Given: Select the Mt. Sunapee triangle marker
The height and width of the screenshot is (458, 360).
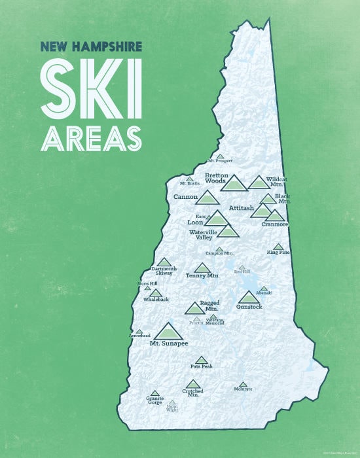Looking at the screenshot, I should point(168,331).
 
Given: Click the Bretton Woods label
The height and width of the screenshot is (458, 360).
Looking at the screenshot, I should point(220,178).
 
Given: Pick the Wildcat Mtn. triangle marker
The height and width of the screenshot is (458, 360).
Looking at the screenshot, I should point(259,183).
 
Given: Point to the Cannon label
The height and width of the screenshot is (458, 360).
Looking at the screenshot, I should point(186,196).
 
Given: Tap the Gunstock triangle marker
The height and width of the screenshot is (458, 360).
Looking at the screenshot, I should point(249,297).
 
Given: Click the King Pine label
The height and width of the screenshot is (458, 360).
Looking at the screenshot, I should point(278,253).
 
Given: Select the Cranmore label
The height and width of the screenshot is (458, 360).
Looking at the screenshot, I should point(274,224).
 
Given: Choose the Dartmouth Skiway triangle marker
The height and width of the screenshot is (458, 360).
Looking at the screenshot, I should point(164,262).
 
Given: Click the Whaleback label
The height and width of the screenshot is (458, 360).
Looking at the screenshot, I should point(156,300).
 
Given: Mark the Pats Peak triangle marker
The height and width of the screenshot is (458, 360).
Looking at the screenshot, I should point(201,359).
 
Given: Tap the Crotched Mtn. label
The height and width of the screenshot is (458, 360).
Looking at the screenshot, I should point(192,393).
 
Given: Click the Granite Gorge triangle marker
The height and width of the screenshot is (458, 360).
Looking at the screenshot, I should point(154,393).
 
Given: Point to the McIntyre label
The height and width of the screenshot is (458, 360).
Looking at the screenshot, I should point(243,389).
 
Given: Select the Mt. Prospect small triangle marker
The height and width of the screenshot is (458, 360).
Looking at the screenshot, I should point(220,156).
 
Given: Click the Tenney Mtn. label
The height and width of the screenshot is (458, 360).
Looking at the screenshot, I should point(202,275).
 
